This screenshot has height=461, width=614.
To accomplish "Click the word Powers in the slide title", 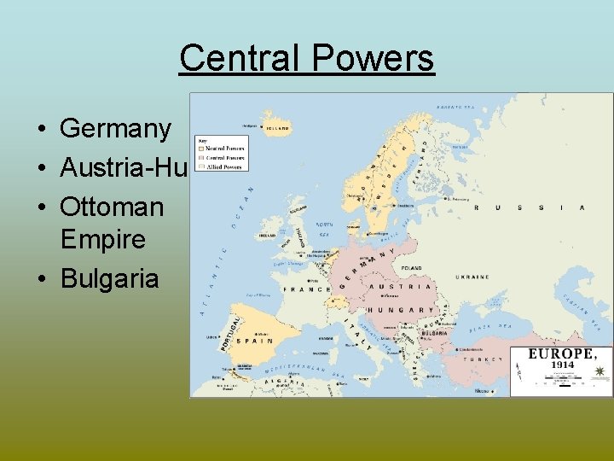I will pos(373,58).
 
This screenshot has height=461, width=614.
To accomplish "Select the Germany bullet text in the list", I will pos(115,129).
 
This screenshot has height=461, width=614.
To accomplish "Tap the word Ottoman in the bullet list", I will pos(112,206).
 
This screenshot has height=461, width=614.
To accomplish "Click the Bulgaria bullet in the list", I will pos(109,278).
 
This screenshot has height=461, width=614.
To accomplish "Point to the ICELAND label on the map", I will pos(278,129).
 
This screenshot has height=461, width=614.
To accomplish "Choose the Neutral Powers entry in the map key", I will pos(224,149).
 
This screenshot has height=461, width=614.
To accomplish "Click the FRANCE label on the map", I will pos(305,289).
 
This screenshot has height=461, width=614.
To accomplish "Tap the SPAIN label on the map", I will pos(255,341).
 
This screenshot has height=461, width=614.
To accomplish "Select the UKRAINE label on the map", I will pos(472,277).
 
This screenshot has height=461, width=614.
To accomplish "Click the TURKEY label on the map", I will pos(480,359).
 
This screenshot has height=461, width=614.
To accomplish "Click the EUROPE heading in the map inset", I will pos(560,353).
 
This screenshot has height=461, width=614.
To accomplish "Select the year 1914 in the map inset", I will pos(561,365).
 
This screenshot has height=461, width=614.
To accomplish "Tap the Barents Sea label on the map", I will pos(455,108).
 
